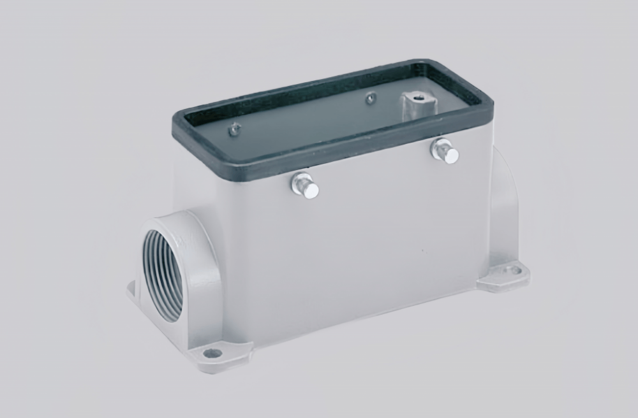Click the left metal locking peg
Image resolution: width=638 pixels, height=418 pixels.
pyautogui.click(x=306, y=186)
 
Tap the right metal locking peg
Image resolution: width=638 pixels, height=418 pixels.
pyautogui.click(x=445, y=152)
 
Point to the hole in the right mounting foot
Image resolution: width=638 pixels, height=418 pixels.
pyautogui.click(x=512, y=270)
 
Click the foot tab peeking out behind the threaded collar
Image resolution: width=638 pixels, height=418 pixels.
pyautogui.click(x=133, y=290)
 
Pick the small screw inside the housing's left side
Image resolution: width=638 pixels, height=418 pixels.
pyautogui.click(x=235, y=129)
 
